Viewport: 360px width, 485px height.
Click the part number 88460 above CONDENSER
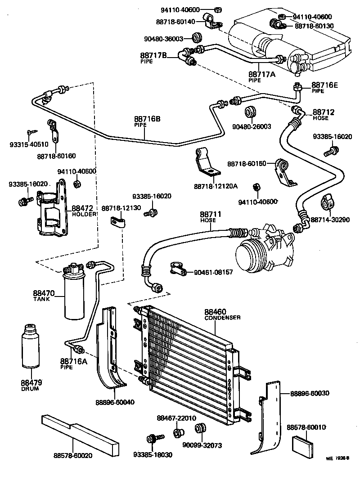[216, 311]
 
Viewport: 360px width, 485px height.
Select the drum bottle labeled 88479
[31, 349]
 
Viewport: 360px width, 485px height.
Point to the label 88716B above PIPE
[147, 119]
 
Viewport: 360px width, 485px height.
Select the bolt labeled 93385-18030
[152, 438]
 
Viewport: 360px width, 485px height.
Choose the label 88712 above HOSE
[324, 112]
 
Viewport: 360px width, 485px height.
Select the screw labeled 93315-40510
[31, 131]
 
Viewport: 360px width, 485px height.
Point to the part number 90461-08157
[213, 273]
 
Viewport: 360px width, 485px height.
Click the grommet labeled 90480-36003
[196, 36]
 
